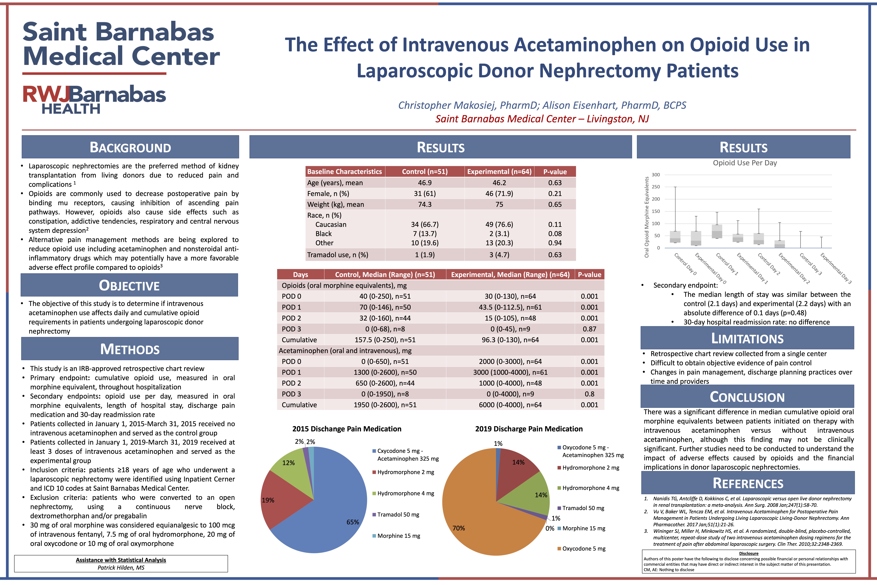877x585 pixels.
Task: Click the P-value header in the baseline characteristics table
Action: (x=555, y=172)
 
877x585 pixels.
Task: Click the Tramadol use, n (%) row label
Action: (x=337, y=255)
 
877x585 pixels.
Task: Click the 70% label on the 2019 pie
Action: (x=459, y=528)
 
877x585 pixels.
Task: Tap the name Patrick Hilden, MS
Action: (x=121, y=567)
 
